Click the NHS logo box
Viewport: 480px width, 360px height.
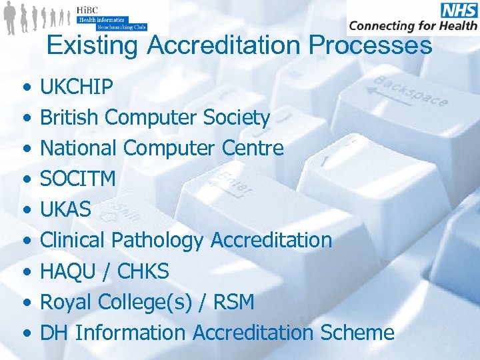coord(458,9)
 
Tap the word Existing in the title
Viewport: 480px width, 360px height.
coord(93,45)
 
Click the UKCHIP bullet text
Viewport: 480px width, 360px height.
coord(77,87)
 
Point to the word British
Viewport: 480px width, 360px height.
coord(70,118)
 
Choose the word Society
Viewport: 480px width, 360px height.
coord(237,118)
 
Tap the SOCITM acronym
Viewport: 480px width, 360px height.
coord(78,179)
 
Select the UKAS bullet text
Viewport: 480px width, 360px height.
coord(66,209)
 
